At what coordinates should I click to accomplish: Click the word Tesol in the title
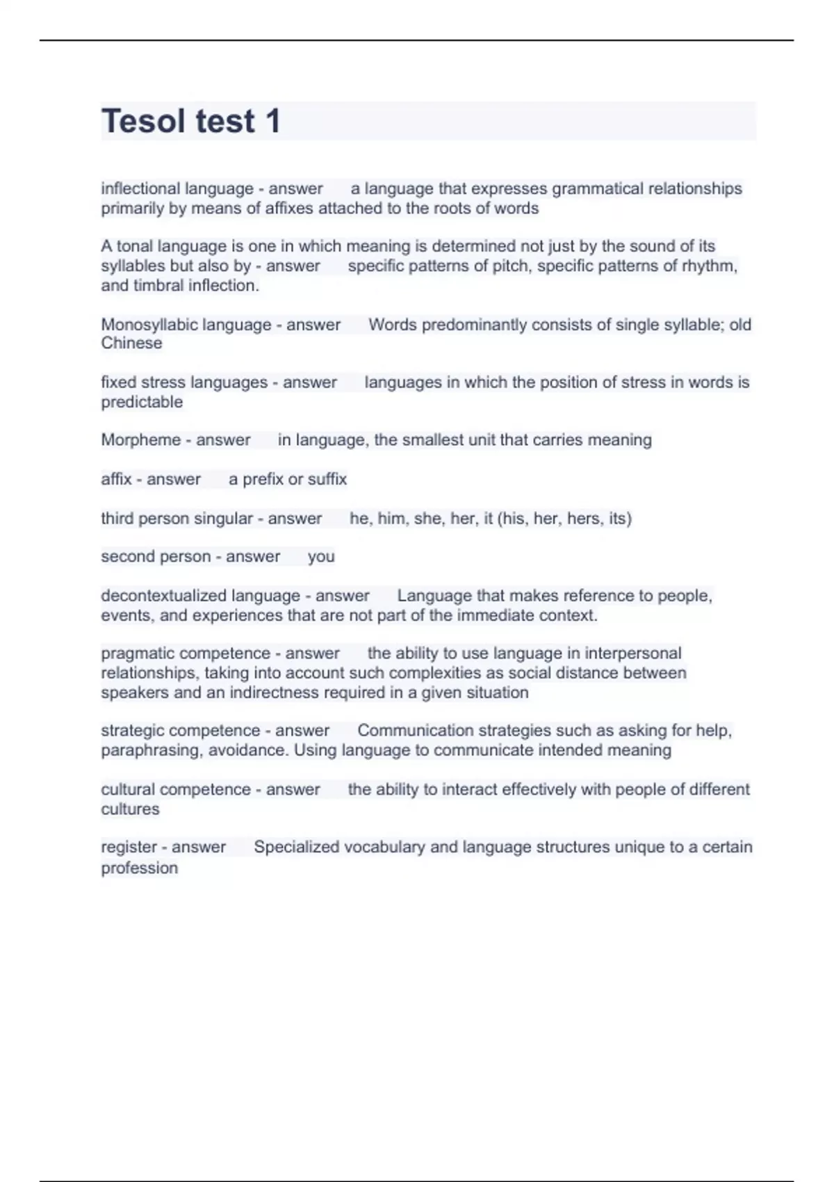click(144, 121)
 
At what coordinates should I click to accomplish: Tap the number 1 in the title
click(272, 121)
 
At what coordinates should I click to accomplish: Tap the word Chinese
click(131, 343)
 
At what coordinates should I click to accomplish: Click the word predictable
click(142, 402)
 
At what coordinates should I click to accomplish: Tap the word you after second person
click(321, 556)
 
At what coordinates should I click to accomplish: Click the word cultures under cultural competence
click(130, 809)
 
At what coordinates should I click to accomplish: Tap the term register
click(129, 847)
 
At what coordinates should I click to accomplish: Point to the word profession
click(140, 868)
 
